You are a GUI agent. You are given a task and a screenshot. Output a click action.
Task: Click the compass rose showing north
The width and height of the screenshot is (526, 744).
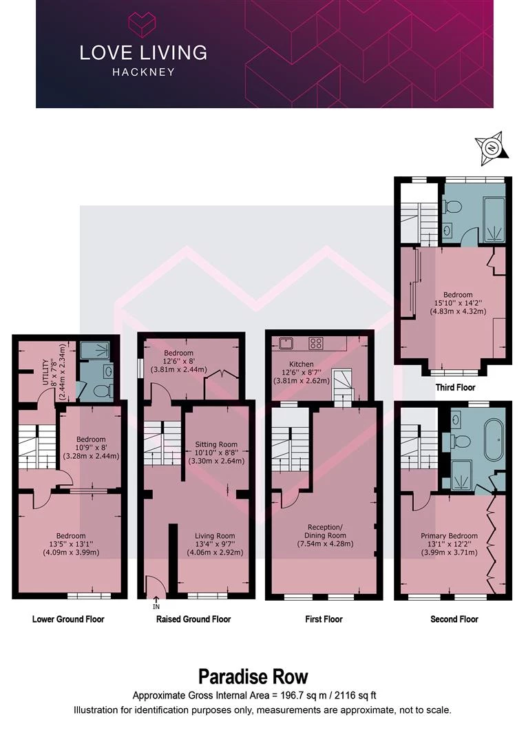click(x=492, y=148)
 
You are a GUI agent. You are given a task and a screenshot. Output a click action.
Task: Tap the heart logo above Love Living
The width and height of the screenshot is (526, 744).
click(x=143, y=25)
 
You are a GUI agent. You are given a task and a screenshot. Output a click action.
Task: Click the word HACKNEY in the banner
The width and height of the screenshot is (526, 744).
click(x=143, y=72)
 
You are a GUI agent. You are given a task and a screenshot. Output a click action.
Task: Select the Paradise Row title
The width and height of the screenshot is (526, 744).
click(x=253, y=676)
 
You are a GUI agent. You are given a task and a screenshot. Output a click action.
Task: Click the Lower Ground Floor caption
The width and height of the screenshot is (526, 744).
click(x=68, y=619)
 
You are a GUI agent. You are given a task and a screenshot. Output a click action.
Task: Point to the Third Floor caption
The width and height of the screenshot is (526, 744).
click(x=455, y=387)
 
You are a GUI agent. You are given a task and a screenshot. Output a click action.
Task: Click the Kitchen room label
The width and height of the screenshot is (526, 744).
click(x=301, y=364)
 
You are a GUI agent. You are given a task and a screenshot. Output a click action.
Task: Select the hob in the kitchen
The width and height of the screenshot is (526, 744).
click(x=316, y=343)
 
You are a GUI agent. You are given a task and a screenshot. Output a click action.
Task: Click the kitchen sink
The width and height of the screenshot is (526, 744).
click(x=287, y=343)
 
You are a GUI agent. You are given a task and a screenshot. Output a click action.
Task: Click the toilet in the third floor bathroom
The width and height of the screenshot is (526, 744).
click(x=453, y=207)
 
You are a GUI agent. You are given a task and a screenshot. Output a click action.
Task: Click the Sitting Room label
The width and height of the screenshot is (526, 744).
click(x=216, y=444)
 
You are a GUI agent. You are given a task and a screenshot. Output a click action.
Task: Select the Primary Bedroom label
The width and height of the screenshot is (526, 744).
click(x=449, y=536)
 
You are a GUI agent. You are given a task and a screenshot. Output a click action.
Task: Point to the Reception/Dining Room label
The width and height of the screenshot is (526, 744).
click(x=325, y=531)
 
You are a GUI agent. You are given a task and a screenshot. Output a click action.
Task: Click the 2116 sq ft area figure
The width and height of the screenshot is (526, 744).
click(x=355, y=696)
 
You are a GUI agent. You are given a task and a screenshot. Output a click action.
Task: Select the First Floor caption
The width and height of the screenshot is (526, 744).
click(x=324, y=619)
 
